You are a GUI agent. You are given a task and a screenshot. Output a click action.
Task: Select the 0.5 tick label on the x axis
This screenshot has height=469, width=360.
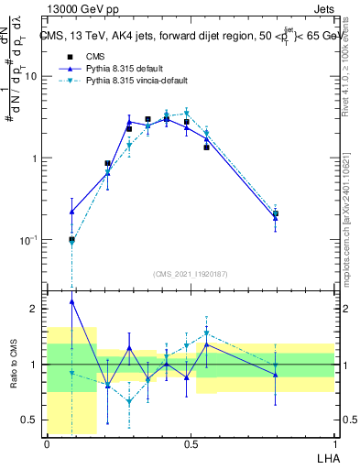click(191, 442)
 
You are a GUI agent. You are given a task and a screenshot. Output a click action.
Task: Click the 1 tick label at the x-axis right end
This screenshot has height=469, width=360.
click(333, 442)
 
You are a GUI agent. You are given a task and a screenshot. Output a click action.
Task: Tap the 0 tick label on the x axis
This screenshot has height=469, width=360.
click(47, 442)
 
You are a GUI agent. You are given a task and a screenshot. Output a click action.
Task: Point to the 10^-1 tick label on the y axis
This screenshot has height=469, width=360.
click(29, 240)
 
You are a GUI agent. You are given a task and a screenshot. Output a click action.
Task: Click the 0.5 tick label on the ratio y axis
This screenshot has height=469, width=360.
click(32, 420)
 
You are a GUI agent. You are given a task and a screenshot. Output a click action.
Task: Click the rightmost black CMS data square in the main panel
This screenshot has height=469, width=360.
click(276, 213)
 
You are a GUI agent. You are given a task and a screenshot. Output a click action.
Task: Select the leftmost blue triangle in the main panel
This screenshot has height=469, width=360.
click(71, 212)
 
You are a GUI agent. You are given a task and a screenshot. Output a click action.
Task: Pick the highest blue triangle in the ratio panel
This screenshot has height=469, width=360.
click(71, 301)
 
